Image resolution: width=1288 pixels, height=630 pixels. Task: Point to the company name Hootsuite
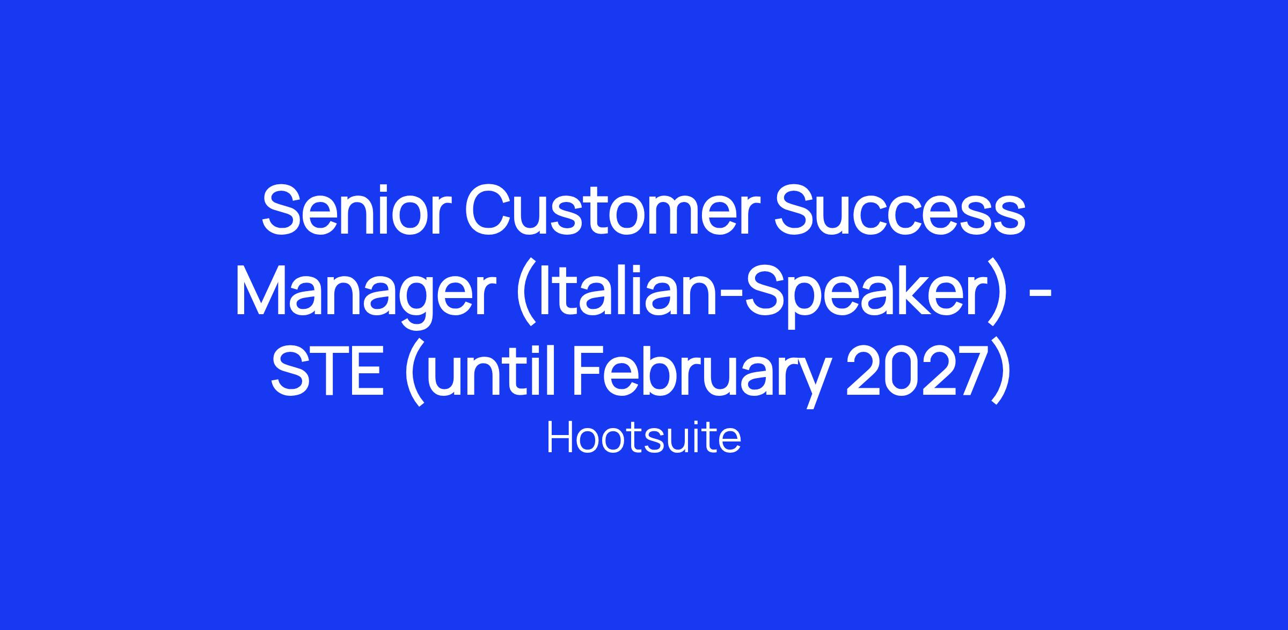click(644, 438)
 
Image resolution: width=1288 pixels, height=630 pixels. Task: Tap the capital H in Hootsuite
click(559, 438)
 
